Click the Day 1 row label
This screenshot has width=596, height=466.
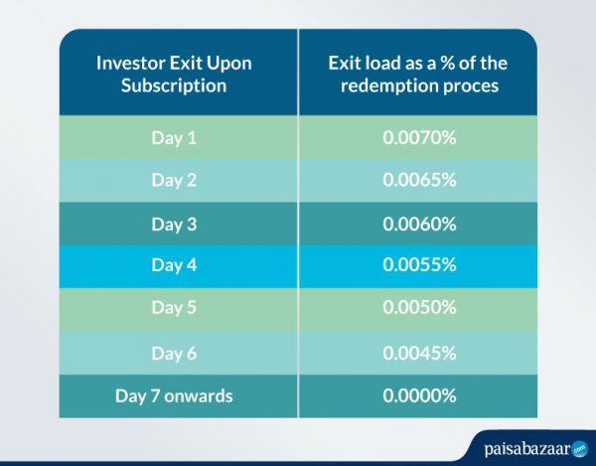click(x=174, y=137)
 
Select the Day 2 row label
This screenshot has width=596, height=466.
click(x=174, y=180)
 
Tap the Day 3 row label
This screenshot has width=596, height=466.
click(x=174, y=224)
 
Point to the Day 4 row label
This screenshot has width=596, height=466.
click(x=174, y=266)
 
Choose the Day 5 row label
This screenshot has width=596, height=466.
click(x=174, y=309)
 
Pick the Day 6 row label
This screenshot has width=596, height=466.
click(x=174, y=353)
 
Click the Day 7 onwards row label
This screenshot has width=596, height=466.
click(x=174, y=395)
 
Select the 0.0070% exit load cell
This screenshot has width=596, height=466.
click(x=418, y=137)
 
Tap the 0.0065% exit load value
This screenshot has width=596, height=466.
click(x=418, y=180)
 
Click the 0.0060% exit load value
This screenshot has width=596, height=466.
click(x=418, y=224)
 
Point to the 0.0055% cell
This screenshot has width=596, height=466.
click(x=418, y=266)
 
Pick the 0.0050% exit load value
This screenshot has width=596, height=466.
click(x=418, y=309)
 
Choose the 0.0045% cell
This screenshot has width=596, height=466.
click(x=418, y=353)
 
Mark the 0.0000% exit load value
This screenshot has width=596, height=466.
click(x=418, y=395)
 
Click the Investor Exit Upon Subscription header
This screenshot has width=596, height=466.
click(x=174, y=75)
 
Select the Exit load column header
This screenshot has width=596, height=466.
click(x=418, y=75)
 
